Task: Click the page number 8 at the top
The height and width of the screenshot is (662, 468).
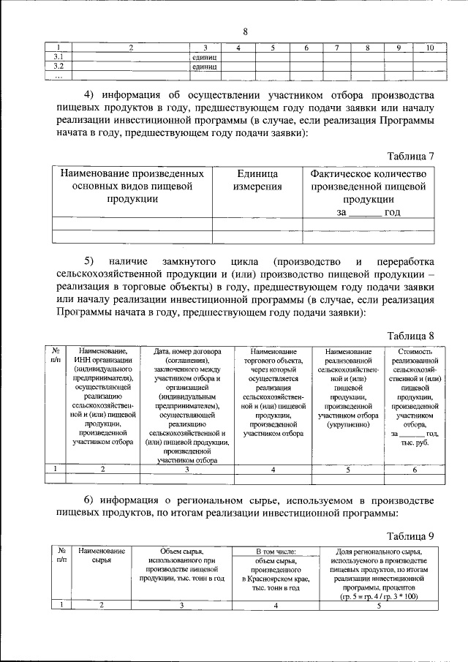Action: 245,31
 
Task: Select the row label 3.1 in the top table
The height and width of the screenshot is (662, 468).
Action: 58,56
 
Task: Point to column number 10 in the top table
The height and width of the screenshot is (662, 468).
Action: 431,48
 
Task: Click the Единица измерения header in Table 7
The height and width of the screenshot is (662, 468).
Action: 257,180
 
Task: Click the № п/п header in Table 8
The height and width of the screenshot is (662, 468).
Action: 56,354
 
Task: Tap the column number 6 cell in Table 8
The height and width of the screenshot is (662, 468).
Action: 414,470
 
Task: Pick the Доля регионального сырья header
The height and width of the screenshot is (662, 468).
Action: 379,573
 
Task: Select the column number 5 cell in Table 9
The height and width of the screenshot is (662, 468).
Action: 379,605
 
